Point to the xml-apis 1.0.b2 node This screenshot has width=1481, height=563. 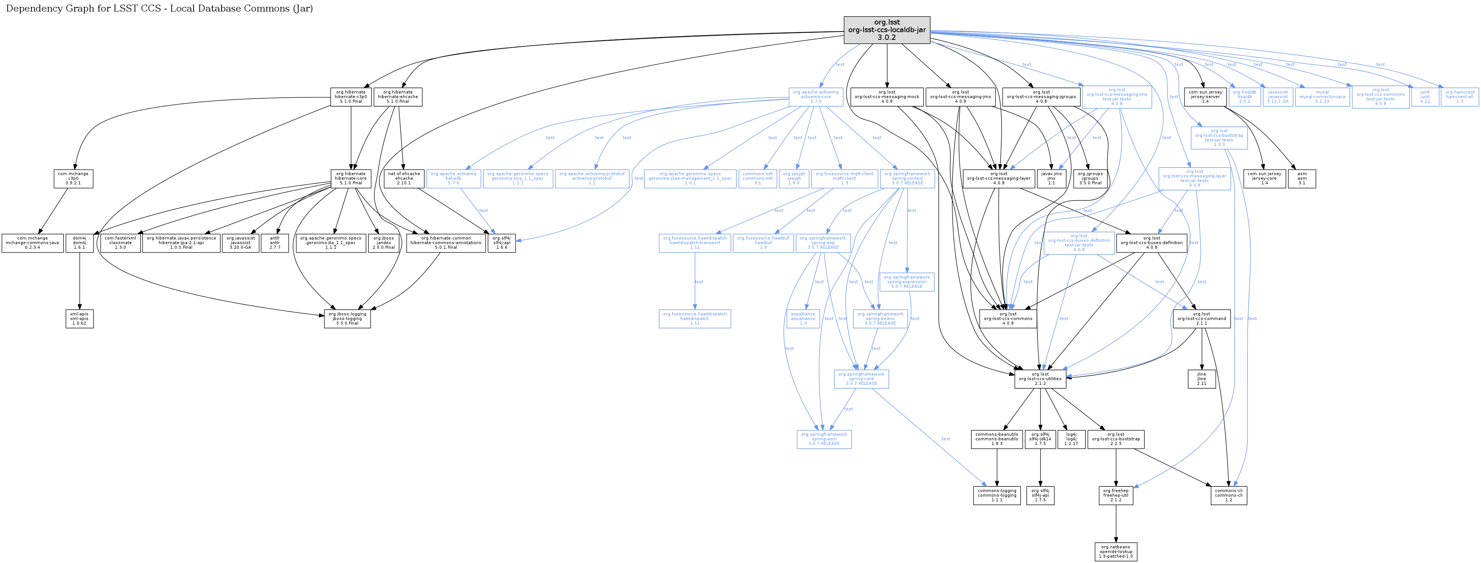pos(79,318)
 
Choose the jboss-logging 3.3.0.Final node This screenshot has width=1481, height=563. pos(347,318)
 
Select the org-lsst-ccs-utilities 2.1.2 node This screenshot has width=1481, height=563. pos(1040,378)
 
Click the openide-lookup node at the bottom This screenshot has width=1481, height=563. pos(1116,552)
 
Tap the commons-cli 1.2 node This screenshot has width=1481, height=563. pos(1229,495)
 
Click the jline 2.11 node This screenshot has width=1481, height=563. pos(1202,378)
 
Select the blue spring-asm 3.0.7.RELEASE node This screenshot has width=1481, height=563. pos(824,439)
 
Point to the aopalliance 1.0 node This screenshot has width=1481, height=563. pos(803,318)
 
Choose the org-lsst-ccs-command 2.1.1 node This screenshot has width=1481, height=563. pos(1202,318)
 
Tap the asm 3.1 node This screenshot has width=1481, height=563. pos(1302,178)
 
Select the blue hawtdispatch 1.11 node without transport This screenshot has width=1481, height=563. pos(695,318)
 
